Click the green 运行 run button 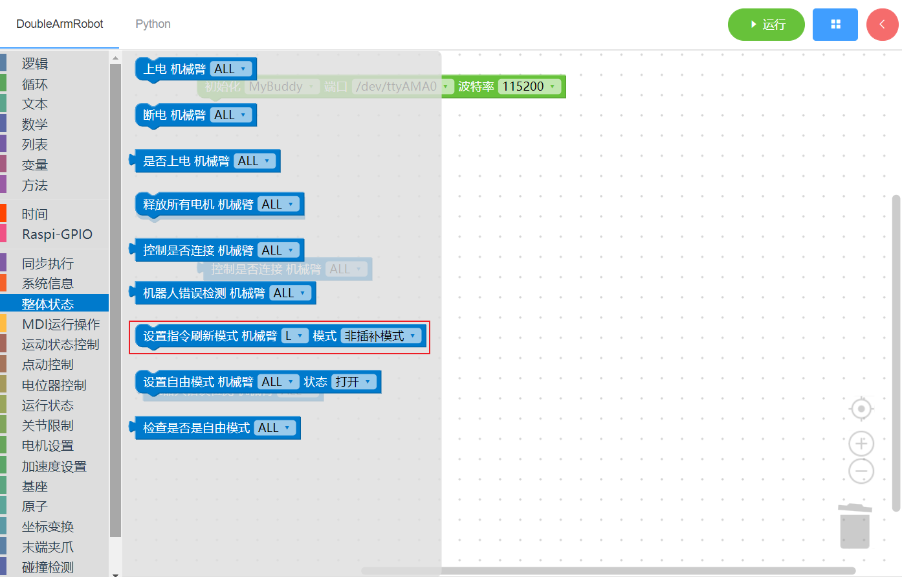[766, 25]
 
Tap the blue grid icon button [835, 25]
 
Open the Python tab [153, 24]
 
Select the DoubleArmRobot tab [60, 24]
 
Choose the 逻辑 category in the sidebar [35, 63]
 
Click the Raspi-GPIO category [57, 234]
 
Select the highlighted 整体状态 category [48, 304]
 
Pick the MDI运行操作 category [61, 324]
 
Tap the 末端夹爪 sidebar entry [48, 547]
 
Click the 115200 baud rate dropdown [529, 87]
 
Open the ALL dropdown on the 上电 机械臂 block [230, 69]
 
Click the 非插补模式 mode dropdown [380, 336]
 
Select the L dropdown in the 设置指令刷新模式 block [294, 336]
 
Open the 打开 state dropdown [353, 382]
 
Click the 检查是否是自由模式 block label [196, 428]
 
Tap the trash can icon [855, 527]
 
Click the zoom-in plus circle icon [861, 444]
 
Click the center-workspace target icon [861, 409]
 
